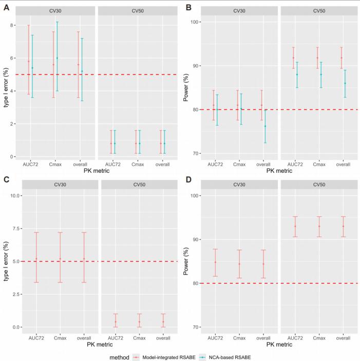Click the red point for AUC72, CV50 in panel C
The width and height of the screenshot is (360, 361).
(116, 322)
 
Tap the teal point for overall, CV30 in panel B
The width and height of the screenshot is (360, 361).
(266, 126)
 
